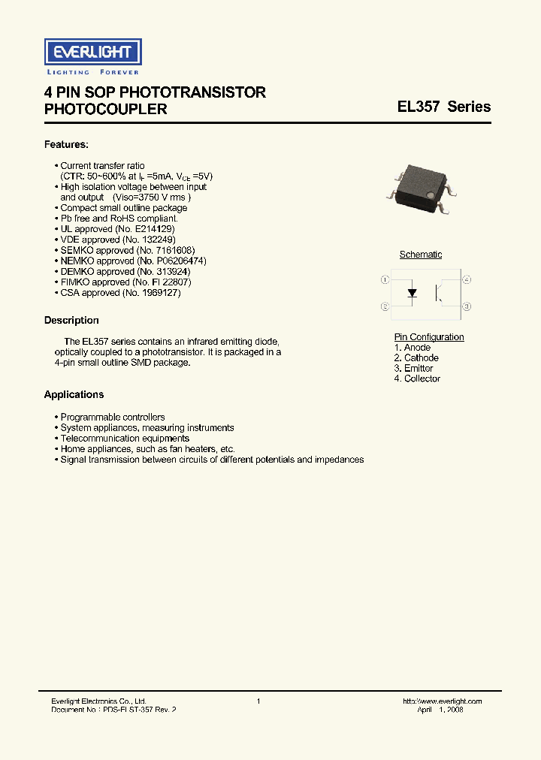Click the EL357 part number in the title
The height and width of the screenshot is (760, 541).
[x=419, y=107]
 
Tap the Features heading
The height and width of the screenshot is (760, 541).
[x=66, y=144]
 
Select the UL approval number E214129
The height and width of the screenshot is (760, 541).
[x=155, y=229]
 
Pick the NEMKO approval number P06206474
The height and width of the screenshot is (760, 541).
[x=179, y=261]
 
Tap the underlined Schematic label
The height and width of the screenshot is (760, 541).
[x=421, y=255]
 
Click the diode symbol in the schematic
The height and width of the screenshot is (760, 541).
[x=412, y=293]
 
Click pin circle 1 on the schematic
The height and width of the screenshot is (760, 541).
[x=385, y=280]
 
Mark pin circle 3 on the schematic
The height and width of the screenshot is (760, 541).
[x=467, y=306]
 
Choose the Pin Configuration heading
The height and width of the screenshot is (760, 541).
[x=429, y=337]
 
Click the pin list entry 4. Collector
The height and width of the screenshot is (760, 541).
[x=417, y=378]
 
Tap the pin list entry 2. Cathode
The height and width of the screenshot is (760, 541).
[x=416, y=358]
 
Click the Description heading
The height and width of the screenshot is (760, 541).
[x=71, y=321]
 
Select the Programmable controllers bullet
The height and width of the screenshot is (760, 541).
[x=113, y=418]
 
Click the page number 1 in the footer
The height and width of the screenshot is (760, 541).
[x=258, y=701]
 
